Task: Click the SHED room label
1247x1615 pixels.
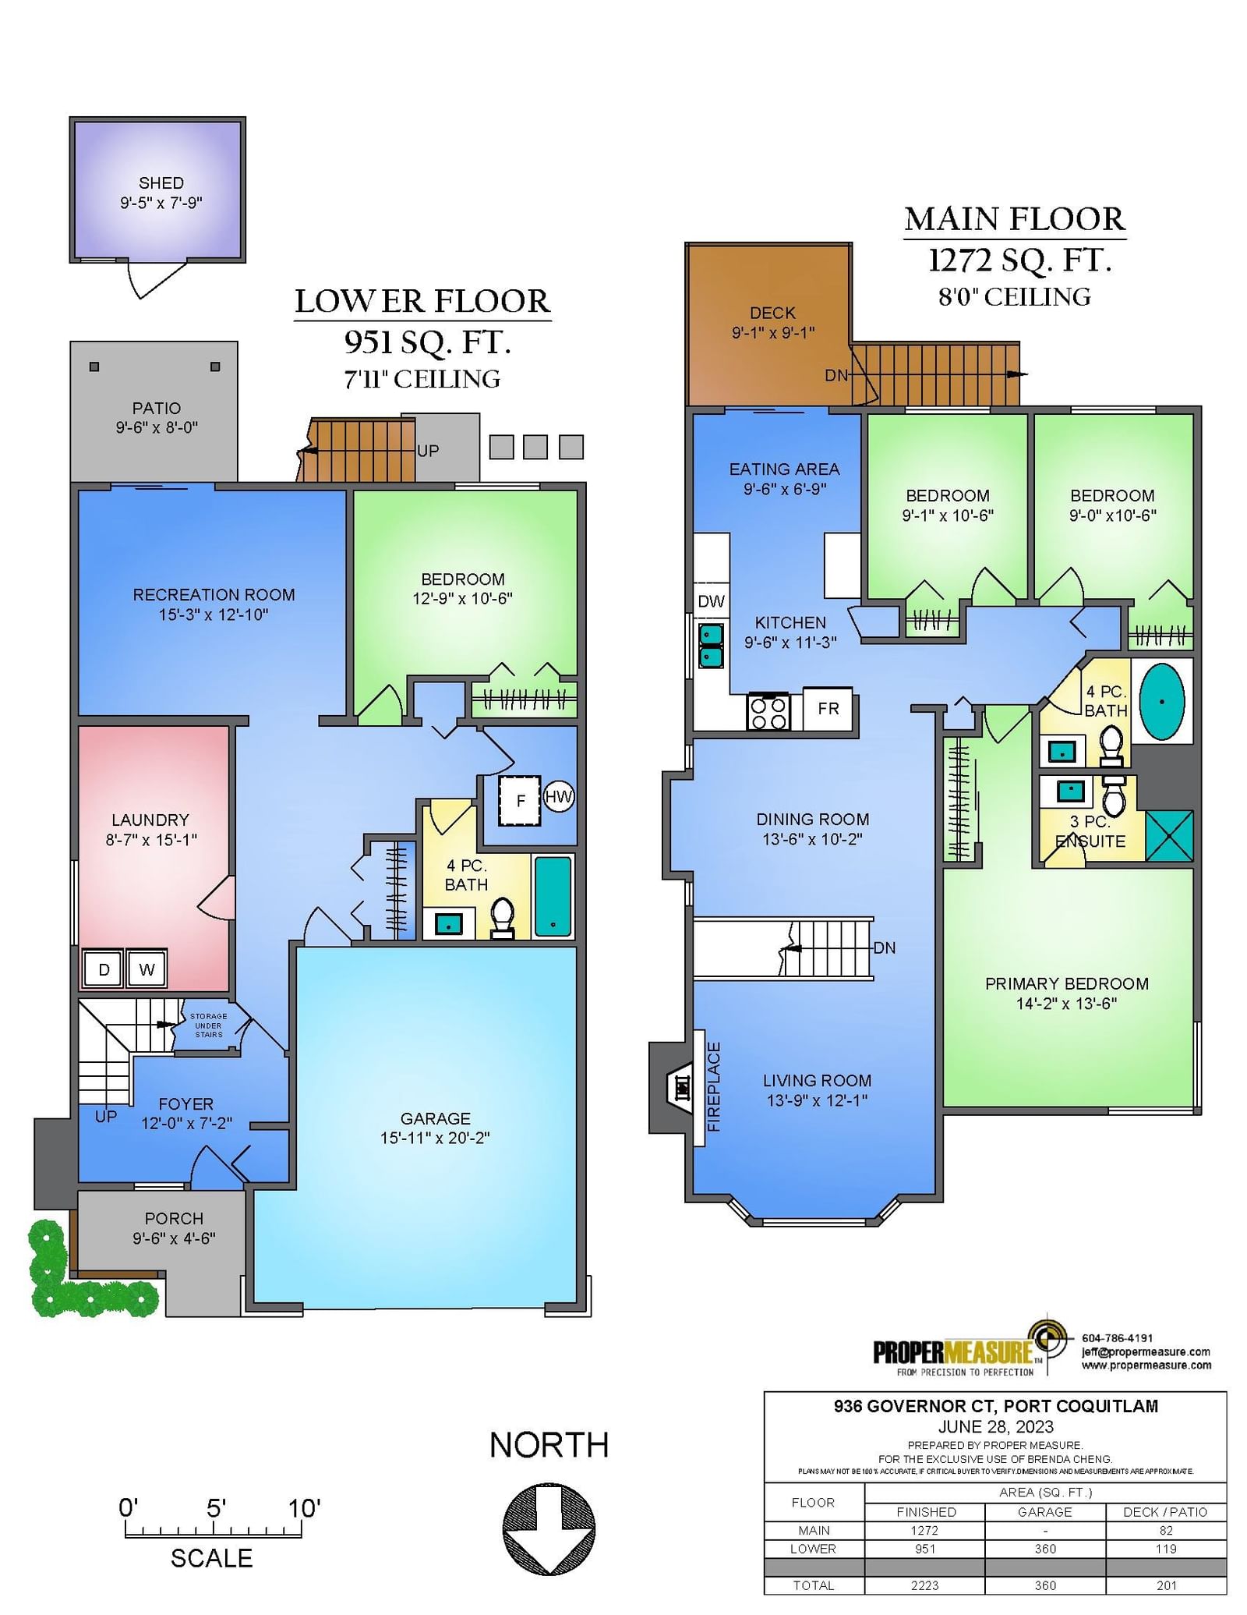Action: pos(161,183)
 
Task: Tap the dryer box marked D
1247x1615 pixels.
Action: pos(103,969)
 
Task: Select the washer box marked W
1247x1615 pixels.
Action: pos(147,969)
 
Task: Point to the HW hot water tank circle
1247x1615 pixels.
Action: pos(559,797)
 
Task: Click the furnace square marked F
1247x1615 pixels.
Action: pos(520,801)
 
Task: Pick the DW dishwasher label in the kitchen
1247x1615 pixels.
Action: pos(711,601)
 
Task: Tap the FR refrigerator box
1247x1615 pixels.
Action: pos(828,709)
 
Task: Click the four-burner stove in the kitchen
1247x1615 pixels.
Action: pos(768,711)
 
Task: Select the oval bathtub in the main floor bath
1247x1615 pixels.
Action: pos(1162,701)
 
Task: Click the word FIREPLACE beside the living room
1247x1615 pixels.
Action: pos(714,1087)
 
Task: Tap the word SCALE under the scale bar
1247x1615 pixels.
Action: pos(211,1559)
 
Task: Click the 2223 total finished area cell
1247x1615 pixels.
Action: pos(925,1585)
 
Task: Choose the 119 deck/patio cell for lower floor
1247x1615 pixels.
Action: pos(1166,1549)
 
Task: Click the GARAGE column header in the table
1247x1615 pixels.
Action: pos(1045,1512)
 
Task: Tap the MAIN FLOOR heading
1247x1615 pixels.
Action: pos(1015,219)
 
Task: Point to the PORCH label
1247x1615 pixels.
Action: pos(174,1218)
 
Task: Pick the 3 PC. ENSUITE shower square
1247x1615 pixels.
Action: pos(1170,835)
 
